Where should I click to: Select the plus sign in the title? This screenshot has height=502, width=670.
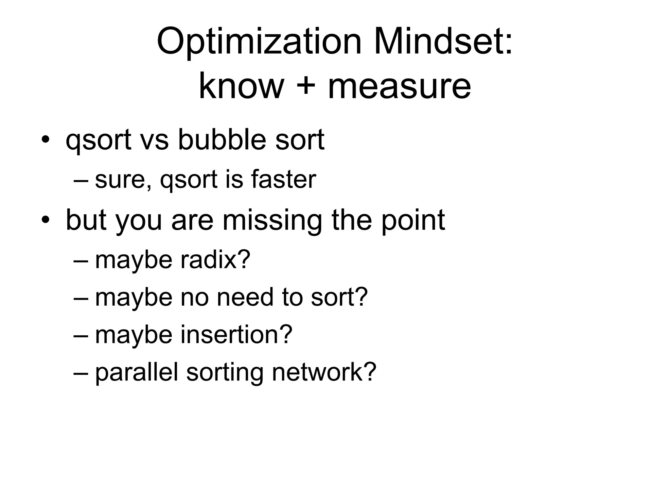click(x=306, y=86)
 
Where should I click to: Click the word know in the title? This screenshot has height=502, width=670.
click(x=241, y=86)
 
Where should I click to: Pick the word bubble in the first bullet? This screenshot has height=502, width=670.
click(x=221, y=140)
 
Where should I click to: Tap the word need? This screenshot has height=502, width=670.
click(x=245, y=297)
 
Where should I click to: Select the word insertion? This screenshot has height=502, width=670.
click(x=236, y=335)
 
